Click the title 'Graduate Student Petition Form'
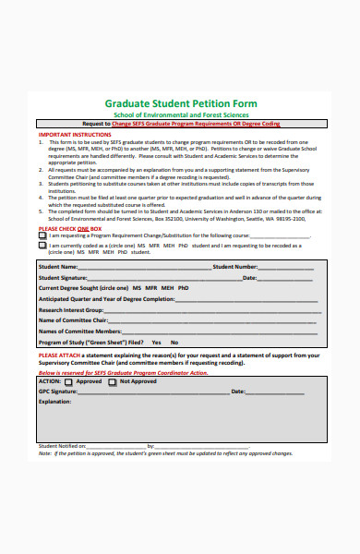tap(181, 103)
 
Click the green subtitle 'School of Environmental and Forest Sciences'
tap(181, 114)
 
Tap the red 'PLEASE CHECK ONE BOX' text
tap(70, 228)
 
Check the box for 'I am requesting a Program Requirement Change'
tap(42, 235)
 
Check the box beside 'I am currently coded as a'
tap(42, 247)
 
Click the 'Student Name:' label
tap(58, 267)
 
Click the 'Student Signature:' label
tap(63, 277)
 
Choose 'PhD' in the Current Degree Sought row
tap(184, 288)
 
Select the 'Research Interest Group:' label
tap(70, 309)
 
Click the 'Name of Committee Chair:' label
tap(71, 319)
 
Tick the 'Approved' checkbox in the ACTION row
tap(70, 380)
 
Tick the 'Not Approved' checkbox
tap(113, 380)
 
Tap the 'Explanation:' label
tap(54, 401)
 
